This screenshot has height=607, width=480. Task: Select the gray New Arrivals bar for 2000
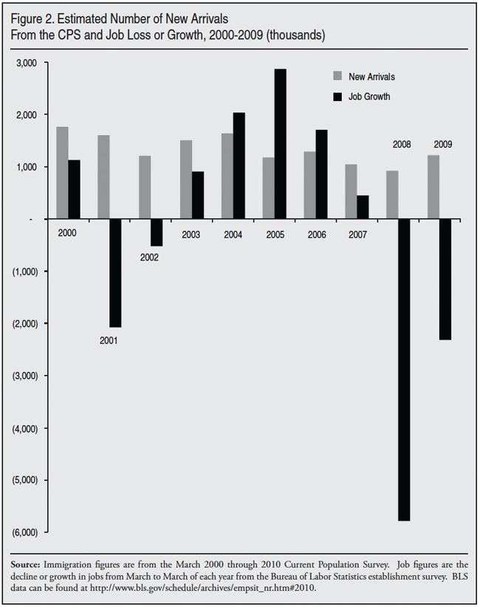coord(62,173)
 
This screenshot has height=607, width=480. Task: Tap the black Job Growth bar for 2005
coord(281,144)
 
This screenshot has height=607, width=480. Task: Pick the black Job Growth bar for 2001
coord(115,273)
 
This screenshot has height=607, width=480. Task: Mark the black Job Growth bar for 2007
coord(363,207)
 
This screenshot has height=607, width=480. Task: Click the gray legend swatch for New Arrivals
coord(338,76)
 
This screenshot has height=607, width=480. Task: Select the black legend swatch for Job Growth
coord(338,97)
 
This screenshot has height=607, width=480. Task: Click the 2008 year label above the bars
coord(402,145)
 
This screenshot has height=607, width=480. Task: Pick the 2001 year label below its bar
coord(109,341)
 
